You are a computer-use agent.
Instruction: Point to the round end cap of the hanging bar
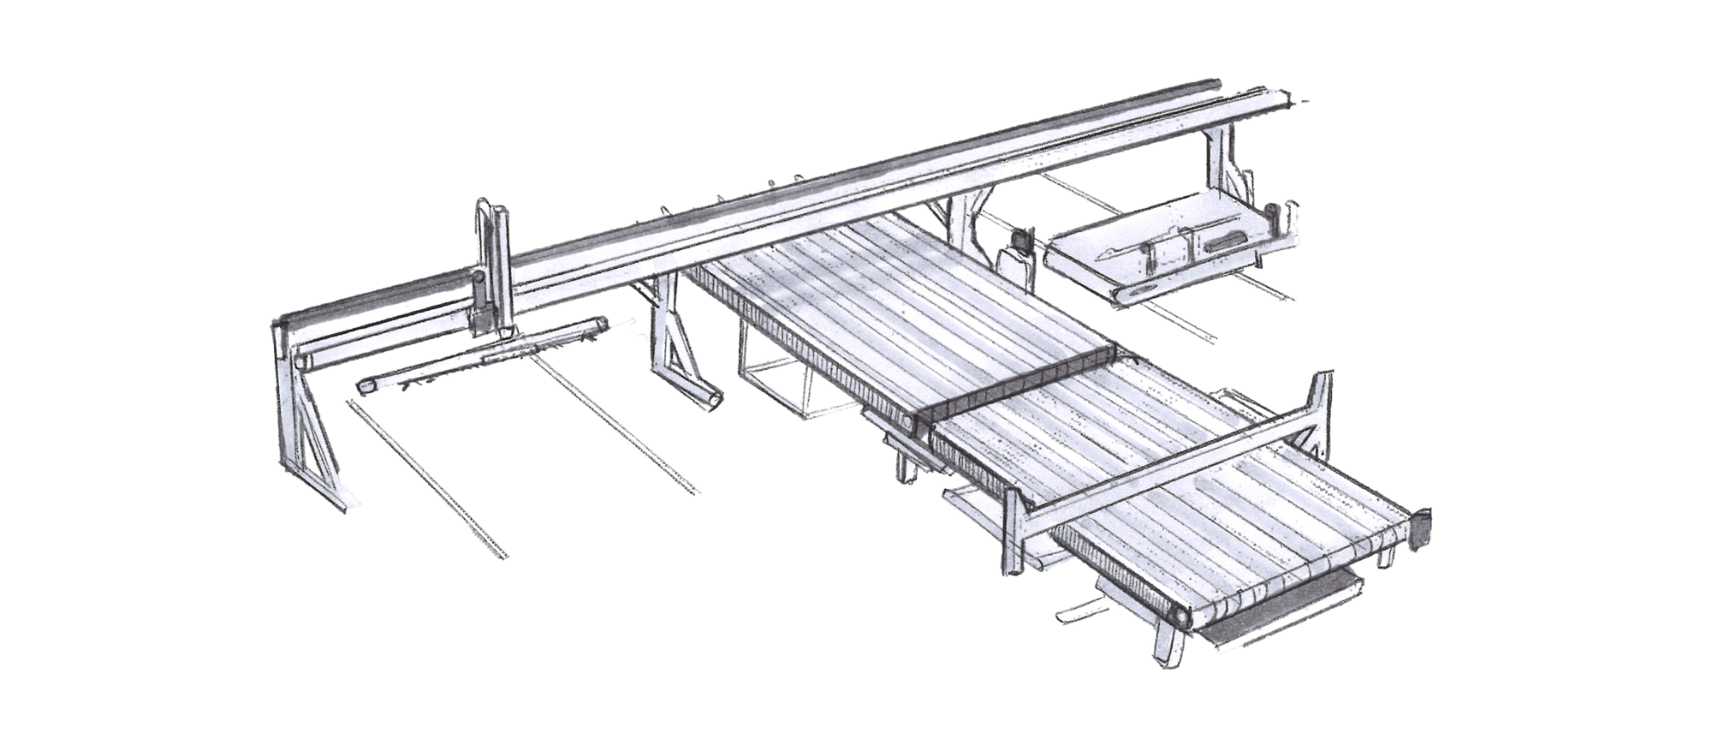point(363,386)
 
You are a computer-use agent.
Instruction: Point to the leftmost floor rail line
point(428,480)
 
